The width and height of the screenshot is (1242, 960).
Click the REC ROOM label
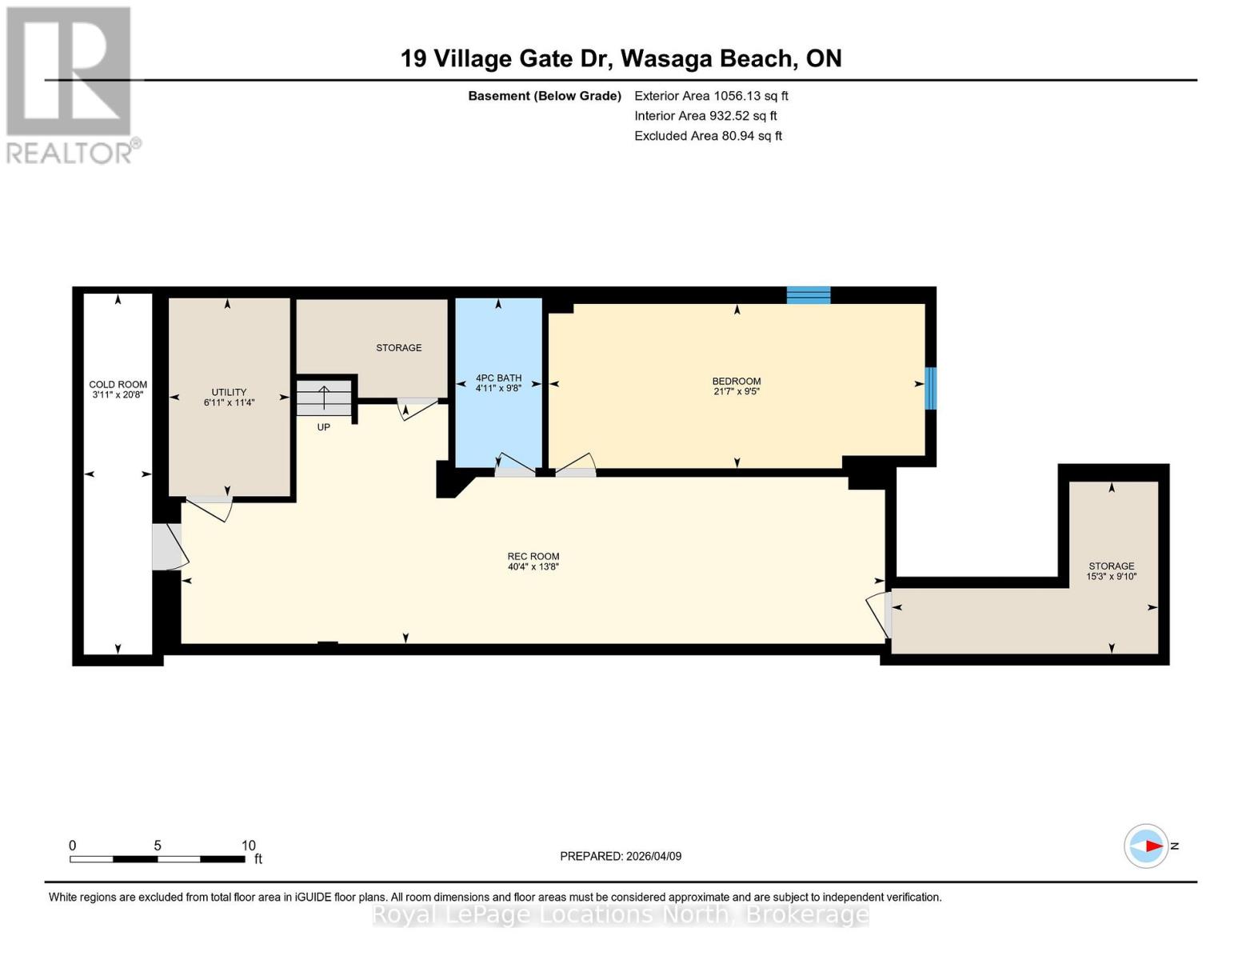[x=533, y=556]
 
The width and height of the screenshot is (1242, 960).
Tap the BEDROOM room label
[x=736, y=381]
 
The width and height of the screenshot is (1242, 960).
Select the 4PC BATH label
[x=498, y=378]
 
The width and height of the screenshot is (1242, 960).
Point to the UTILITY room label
[x=229, y=392]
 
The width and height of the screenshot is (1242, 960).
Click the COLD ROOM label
[x=118, y=384]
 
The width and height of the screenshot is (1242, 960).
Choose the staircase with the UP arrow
[x=324, y=398]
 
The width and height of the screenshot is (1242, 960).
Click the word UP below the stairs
[x=324, y=427]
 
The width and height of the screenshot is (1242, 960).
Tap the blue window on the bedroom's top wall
[x=808, y=295]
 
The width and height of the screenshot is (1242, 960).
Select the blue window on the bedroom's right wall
[x=930, y=388]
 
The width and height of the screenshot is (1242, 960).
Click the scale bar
[x=158, y=859]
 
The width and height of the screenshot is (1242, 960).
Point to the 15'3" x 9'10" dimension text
[x=1111, y=577]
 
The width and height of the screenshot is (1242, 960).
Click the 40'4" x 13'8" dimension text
[x=533, y=567]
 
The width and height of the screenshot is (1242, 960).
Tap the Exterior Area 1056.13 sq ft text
[x=711, y=96]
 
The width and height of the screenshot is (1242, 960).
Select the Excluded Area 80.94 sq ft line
[x=708, y=136]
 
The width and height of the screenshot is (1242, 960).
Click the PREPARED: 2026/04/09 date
[x=621, y=856]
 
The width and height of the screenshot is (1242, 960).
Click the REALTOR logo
[x=70, y=84]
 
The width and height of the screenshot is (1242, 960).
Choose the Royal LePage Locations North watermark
[x=621, y=914]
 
